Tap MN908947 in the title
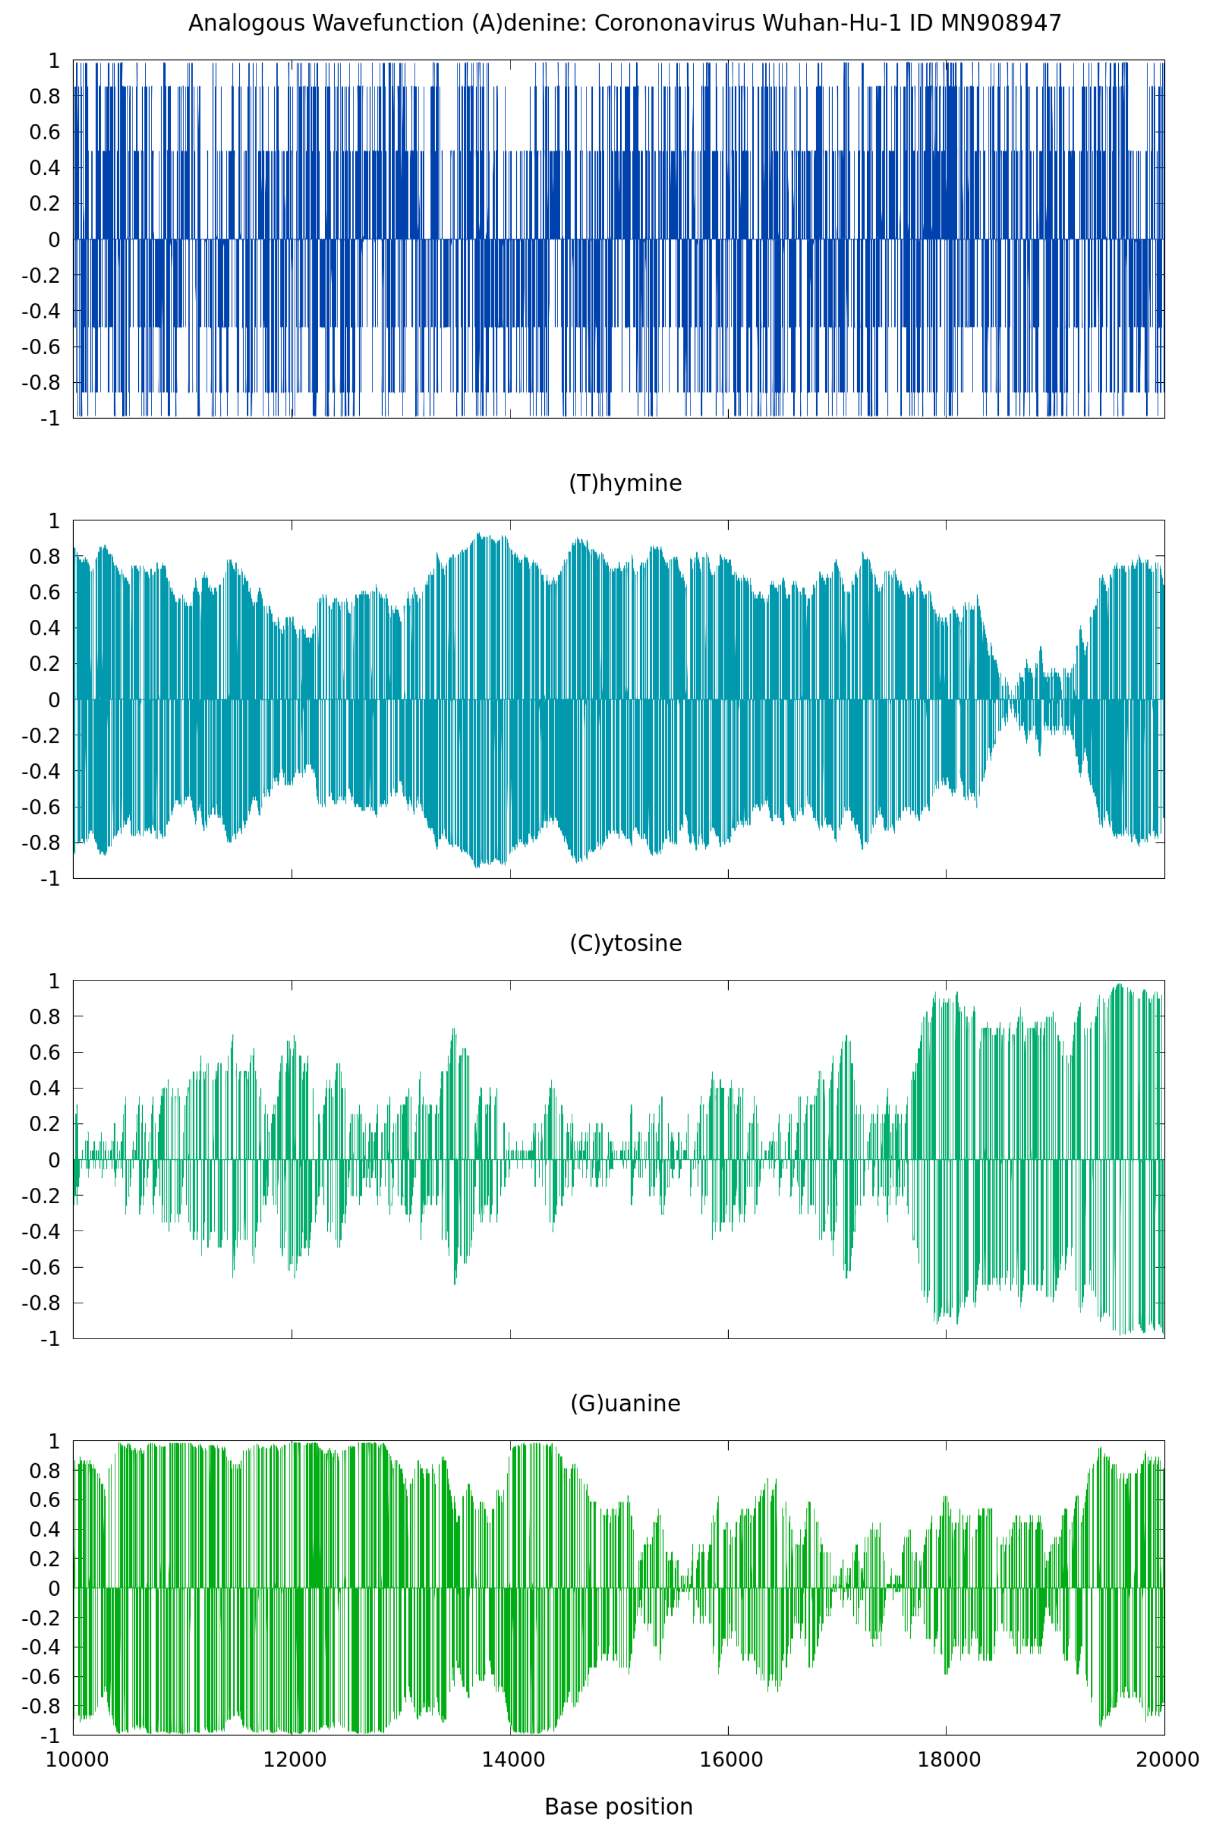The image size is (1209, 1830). (1001, 23)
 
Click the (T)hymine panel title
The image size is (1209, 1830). (625, 483)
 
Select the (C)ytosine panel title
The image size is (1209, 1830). (625, 944)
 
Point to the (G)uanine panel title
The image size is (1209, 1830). (625, 1404)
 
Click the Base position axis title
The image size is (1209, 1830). (618, 1807)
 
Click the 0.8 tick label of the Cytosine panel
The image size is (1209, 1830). (45, 1017)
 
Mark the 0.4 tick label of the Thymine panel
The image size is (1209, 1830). (45, 628)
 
